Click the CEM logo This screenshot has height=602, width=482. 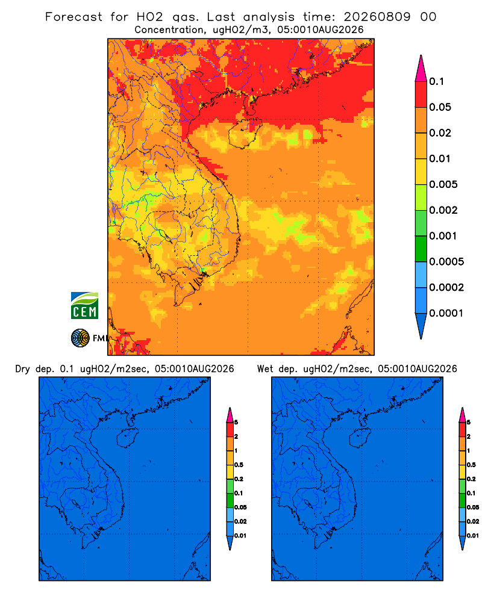[x=84, y=305]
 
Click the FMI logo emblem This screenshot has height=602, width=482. [x=80, y=338]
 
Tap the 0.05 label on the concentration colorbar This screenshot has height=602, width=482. [x=440, y=107]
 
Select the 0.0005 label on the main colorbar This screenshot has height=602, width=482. [x=446, y=261]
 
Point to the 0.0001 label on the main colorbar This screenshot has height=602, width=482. [x=446, y=313]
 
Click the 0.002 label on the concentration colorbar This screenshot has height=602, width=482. [x=443, y=210]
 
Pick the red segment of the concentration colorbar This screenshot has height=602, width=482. [x=421, y=94]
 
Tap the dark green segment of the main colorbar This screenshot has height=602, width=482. [x=421, y=249]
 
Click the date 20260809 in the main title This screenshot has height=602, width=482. [x=377, y=17]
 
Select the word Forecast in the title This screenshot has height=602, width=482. [x=74, y=17]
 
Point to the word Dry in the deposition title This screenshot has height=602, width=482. [x=23, y=369]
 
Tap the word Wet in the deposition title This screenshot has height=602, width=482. [x=265, y=369]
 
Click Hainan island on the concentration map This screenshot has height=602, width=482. [x=245, y=133]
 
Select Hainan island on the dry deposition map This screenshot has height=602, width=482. [x=127, y=438]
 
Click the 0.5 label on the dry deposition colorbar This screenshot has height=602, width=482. [x=239, y=465]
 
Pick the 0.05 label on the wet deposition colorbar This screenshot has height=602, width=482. [x=473, y=507]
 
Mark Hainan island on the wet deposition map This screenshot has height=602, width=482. [x=360, y=438]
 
